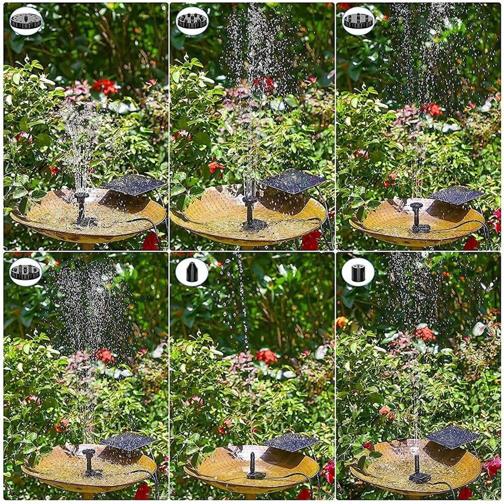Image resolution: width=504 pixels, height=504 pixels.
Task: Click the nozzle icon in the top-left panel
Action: pos(26,21)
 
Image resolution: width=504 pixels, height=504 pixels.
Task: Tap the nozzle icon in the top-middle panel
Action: pos(192,21)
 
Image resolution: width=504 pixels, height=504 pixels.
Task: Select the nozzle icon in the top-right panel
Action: pos(358,21)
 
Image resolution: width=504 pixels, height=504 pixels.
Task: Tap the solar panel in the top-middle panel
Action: pos(293,181)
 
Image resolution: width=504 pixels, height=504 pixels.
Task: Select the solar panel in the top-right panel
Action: pos(456,195)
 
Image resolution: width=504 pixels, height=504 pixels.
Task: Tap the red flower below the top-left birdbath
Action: pos(151,241)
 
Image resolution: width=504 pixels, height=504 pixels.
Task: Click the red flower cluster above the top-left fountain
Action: pos(105,86)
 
